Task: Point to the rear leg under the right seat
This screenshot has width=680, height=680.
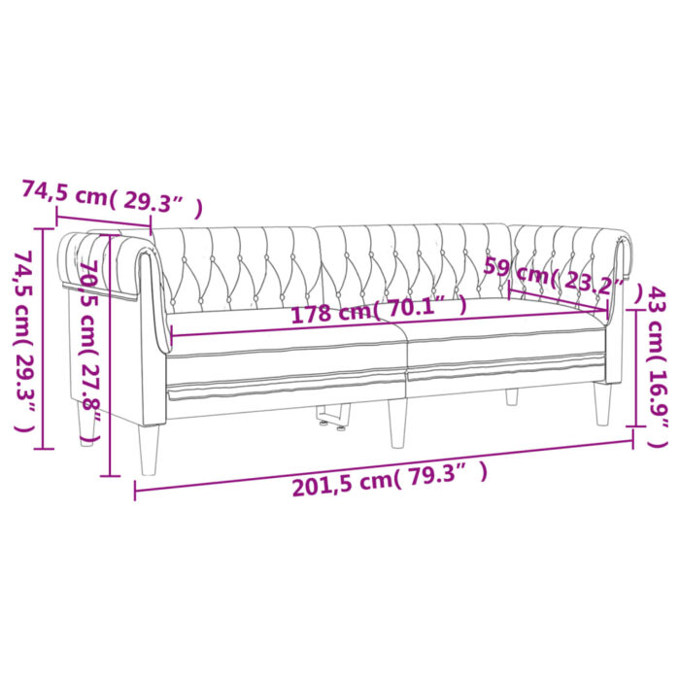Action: point(511,396)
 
